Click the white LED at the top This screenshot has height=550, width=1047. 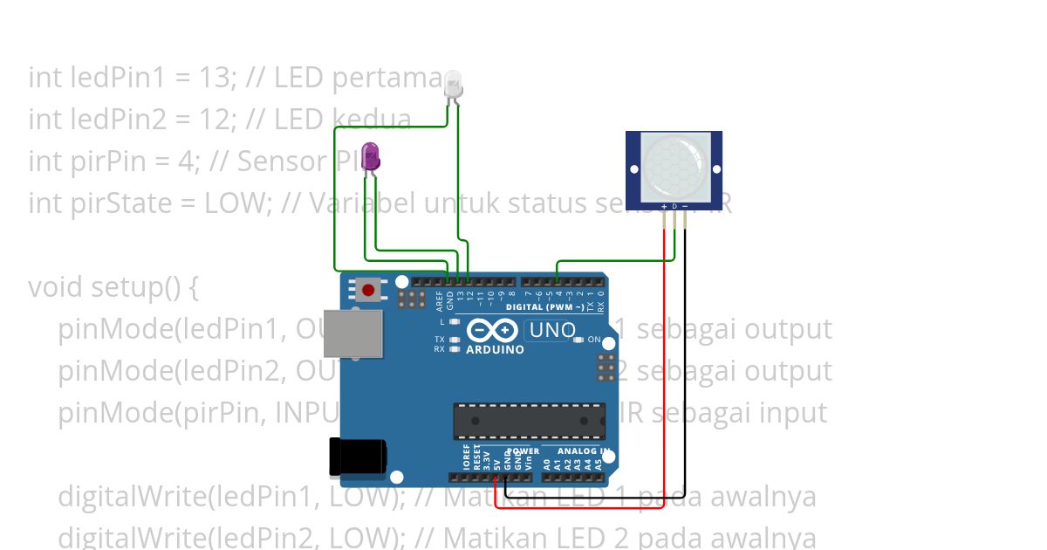tap(454, 85)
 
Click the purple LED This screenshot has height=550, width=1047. tap(371, 157)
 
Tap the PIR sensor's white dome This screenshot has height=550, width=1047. tap(674, 164)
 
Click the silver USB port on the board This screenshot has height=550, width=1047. tap(352, 333)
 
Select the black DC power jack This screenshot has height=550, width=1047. tap(357, 457)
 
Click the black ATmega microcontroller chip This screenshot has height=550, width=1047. tap(529, 421)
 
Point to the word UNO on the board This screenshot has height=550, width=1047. tap(552, 331)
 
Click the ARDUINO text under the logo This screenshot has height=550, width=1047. tap(496, 350)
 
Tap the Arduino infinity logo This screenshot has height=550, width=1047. tap(494, 331)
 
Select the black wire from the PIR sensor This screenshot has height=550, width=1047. tap(685, 367)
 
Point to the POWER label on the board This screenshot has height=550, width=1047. tap(523, 451)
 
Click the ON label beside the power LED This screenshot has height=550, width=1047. tap(594, 340)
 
